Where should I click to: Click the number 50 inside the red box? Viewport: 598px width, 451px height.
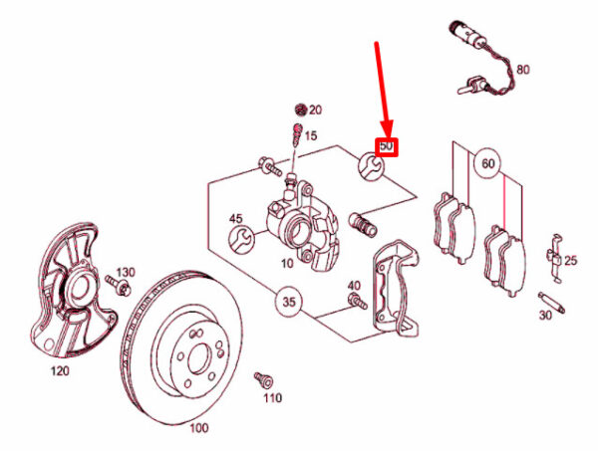[387, 146]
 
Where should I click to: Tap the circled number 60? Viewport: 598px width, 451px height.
[488, 164]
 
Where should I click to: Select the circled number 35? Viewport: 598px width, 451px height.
[289, 302]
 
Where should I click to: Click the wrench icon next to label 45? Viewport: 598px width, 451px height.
[240, 239]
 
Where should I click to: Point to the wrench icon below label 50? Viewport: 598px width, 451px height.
[370, 166]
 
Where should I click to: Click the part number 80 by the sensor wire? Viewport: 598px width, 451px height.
[523, 70]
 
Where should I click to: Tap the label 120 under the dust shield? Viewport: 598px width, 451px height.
[60, 370]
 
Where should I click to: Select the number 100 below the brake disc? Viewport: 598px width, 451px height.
[199, 428]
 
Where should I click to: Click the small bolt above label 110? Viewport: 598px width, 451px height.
[263, 379]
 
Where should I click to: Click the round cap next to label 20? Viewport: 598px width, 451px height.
[301, 110]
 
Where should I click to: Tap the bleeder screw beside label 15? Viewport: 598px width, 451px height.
[297, 135]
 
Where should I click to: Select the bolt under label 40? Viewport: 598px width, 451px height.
[358, 300]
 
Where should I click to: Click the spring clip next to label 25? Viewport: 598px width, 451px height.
[555, 258]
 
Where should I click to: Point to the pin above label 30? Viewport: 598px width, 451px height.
[551, 303]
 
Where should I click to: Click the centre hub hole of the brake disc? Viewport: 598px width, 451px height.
[199, 358]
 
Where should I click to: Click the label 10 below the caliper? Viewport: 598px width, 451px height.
[287, 263]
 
